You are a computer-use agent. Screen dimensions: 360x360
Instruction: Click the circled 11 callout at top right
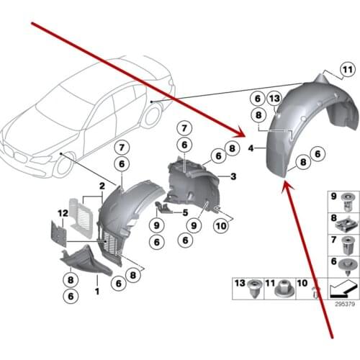click(348, 69)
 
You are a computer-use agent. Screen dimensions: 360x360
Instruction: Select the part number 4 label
click(250, 148)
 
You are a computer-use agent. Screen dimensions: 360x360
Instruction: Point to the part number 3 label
click(233, 176)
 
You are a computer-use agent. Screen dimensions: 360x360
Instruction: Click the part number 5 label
click(185, 212)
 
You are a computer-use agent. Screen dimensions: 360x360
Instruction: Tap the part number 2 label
click(103, 186)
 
